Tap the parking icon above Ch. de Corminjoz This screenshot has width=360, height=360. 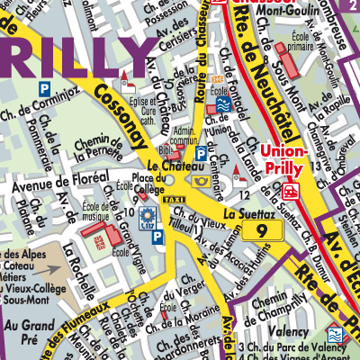(43, 88)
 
